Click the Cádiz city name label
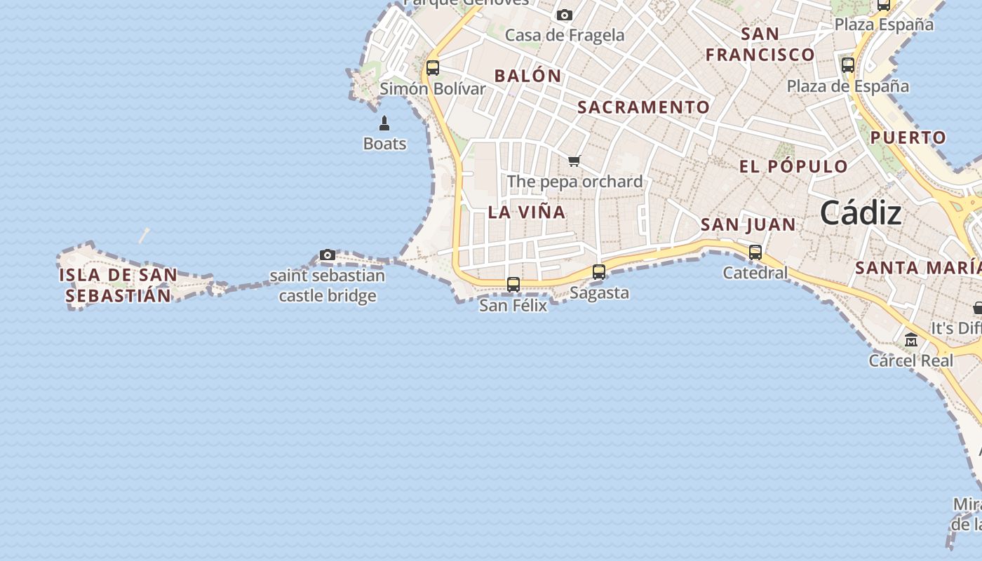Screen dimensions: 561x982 (861, 212)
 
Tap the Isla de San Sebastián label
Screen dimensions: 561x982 (118, 285)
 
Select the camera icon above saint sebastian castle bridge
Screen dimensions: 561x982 (328, 255)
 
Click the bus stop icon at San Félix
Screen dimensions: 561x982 (513, 284)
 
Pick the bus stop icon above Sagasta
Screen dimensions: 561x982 (599, 271)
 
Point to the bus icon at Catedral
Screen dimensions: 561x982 (755, 252)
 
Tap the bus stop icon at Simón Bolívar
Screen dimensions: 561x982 (433, 67)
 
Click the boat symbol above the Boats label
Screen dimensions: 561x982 (384, 124)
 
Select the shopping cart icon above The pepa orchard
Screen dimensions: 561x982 (574, 161)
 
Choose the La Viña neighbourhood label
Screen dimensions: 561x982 (526, 212)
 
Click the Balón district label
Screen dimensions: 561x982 (527, 76)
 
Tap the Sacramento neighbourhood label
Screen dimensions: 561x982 (643, 107)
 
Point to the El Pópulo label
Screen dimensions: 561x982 (793, 166)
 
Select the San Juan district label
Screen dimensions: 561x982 (748, 224)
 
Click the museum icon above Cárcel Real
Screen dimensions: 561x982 (911, 341)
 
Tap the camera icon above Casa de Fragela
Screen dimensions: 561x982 (564, 15)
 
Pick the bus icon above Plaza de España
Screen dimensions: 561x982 (848, 65)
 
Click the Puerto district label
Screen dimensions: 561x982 (908, 137)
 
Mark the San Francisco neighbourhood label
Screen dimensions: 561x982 (760, 44)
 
